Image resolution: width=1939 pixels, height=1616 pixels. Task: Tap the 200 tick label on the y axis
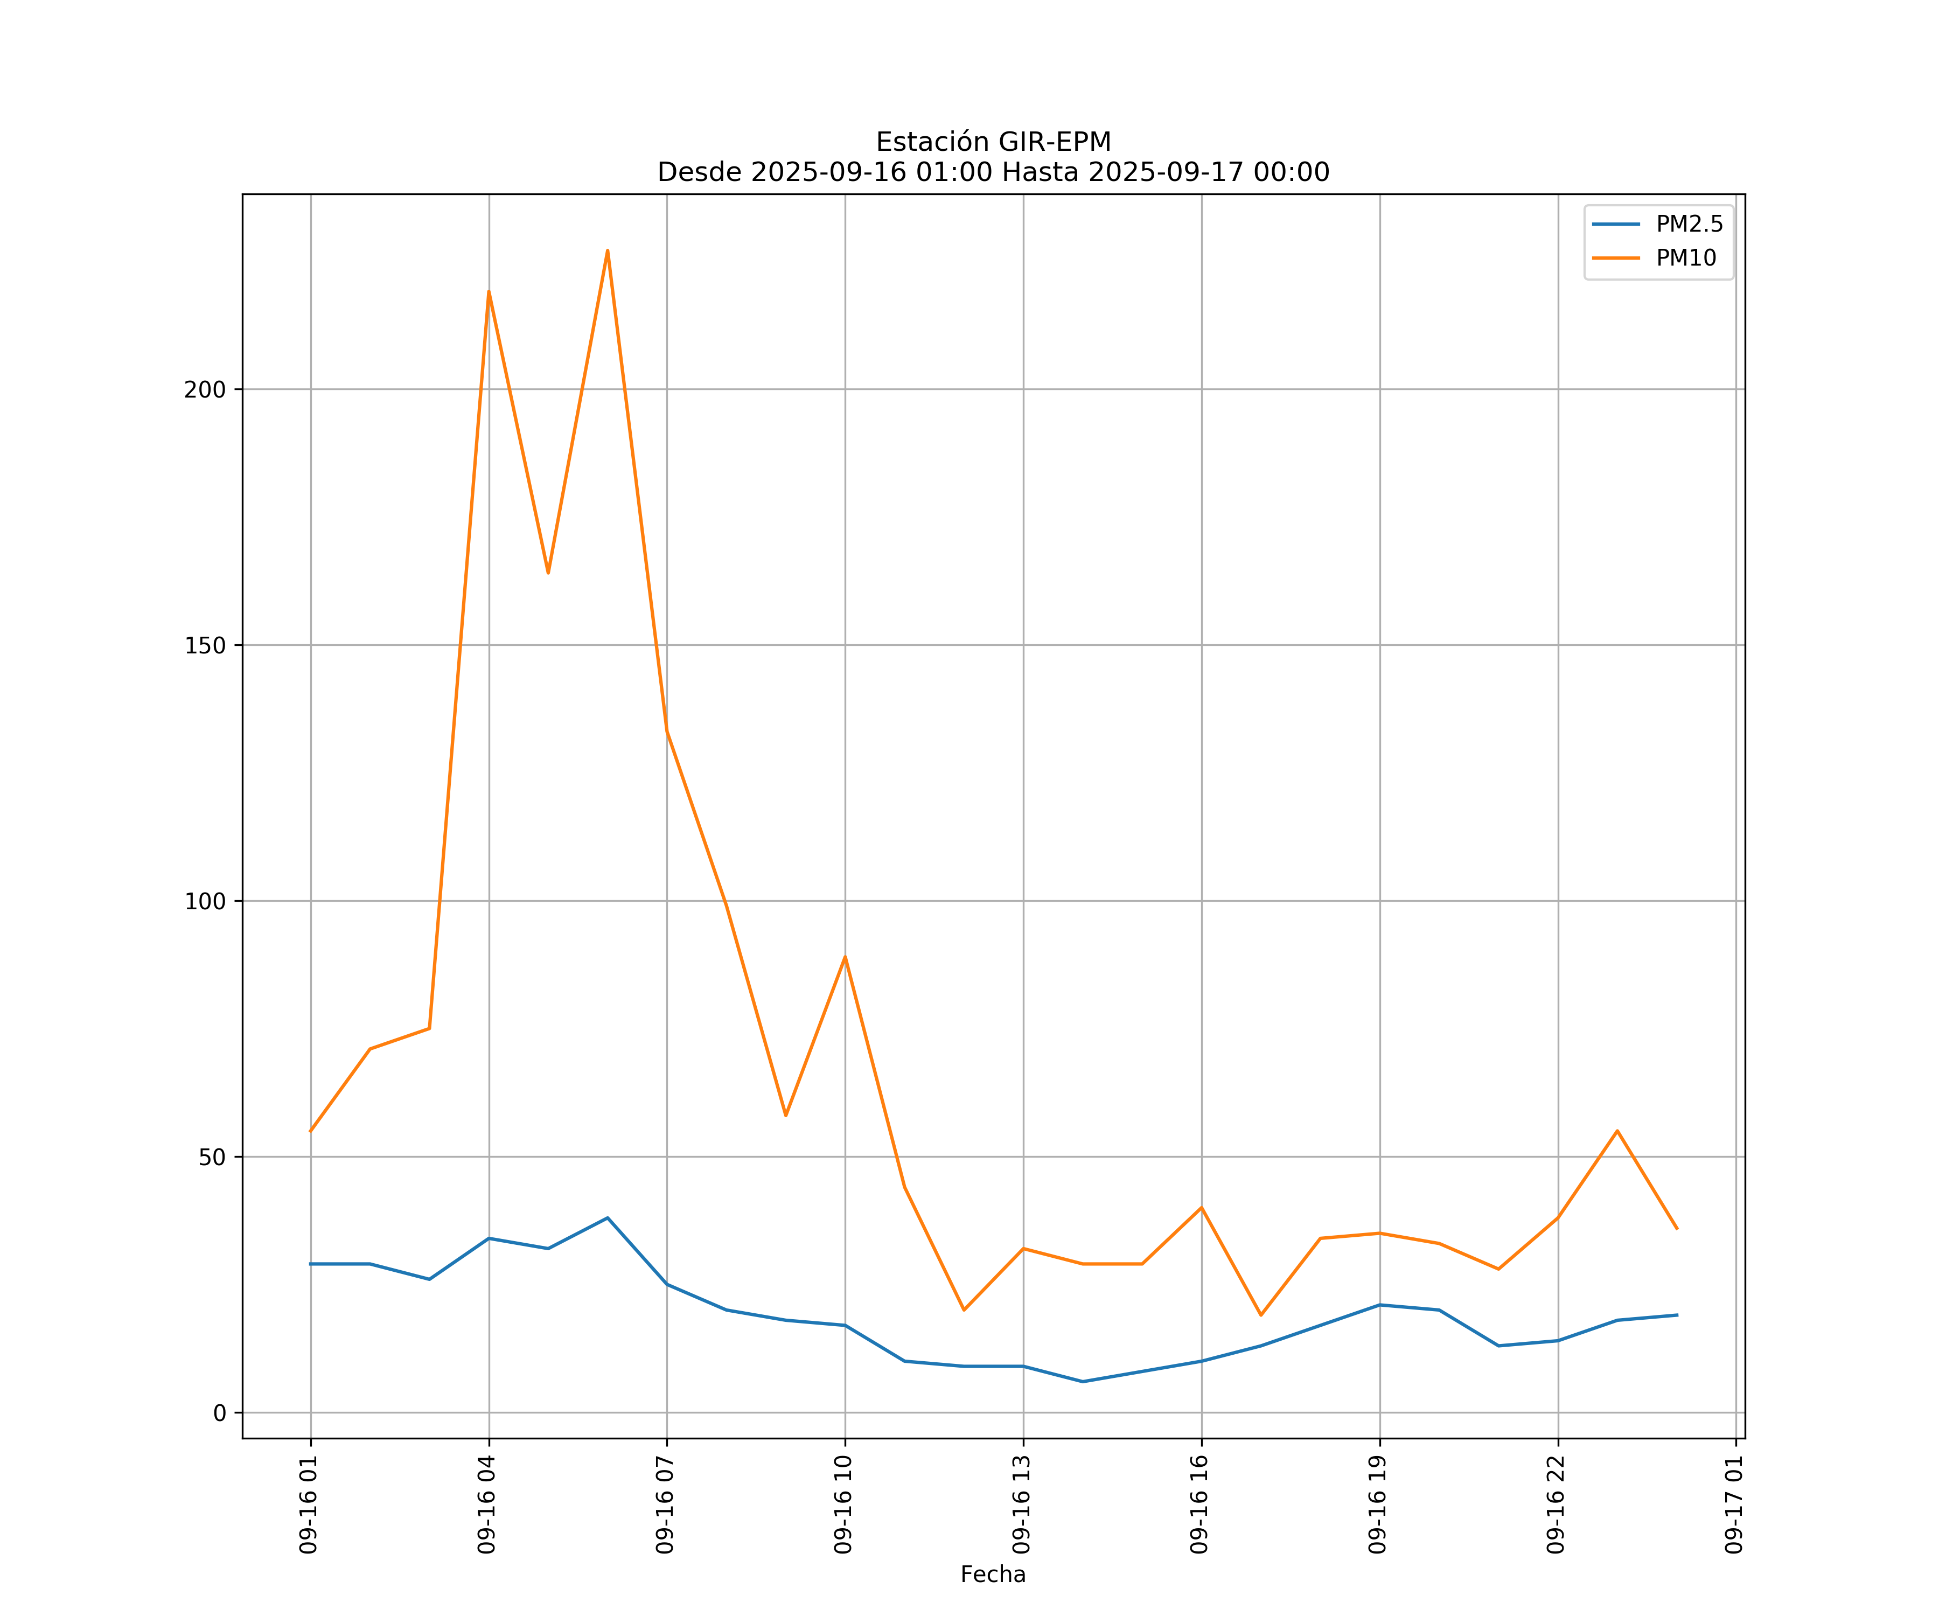click(205, 389)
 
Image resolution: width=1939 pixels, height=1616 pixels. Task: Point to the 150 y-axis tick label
click(205, 645)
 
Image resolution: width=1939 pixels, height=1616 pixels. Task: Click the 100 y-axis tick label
click(205, 901)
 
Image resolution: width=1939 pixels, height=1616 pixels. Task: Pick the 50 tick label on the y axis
click(212, 1157)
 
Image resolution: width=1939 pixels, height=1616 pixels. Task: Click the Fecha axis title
click(993, 1575)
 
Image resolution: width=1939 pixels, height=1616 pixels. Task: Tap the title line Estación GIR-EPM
click(993, 142)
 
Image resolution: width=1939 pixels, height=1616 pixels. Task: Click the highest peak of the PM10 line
click(608, 250)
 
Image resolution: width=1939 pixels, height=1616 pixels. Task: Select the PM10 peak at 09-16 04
click(489, 292)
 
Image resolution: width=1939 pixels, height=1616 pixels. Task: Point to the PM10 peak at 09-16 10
click(845, 957)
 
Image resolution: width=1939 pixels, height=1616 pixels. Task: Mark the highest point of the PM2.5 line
click(608, 1218)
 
